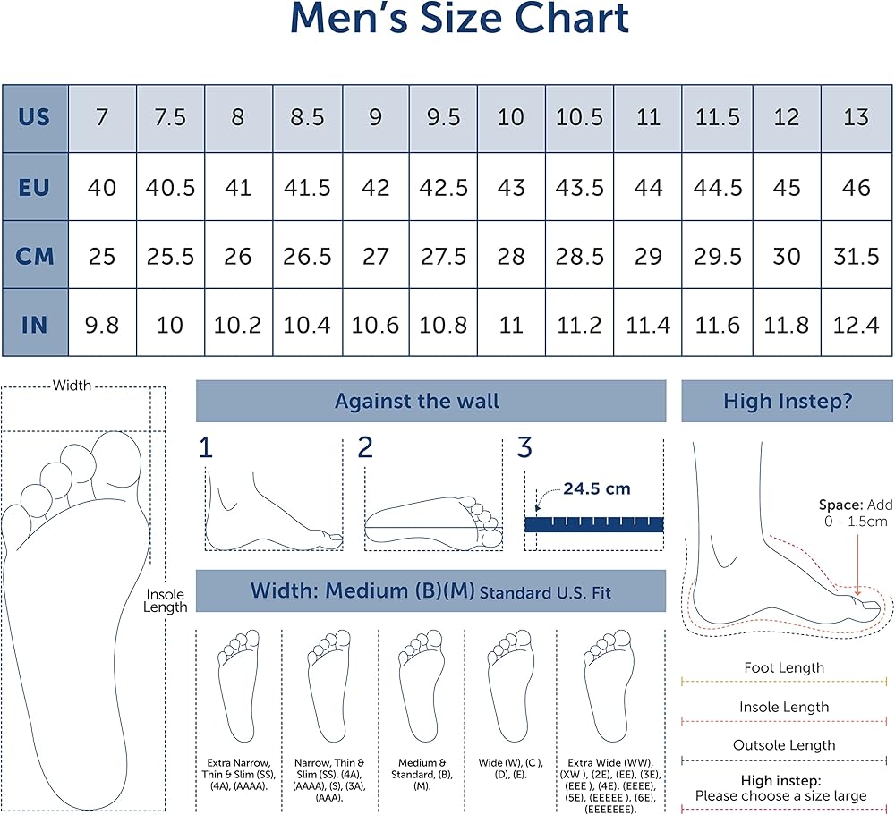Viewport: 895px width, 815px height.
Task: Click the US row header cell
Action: (x=34, y=117)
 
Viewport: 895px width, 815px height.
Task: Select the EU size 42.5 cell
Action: (x=443, y=187)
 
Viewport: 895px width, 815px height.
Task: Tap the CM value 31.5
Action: (x=857, y=256)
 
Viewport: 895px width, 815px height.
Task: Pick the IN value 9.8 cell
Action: (x=102, y=324)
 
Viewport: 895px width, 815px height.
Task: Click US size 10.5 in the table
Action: (x=580, y=117)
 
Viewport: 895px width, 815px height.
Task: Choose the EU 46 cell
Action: (x=857, y=187)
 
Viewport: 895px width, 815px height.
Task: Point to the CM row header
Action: (x=34, y=256)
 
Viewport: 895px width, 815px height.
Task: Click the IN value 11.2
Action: (x=580, y=324)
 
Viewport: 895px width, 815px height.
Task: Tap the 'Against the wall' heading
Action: (x=417, y=401)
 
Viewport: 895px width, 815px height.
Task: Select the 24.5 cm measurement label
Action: (x=596, y=488)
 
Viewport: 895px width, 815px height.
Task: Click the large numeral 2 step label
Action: (x=364, y=448)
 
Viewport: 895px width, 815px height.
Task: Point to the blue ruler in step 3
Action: (x=593, y=524)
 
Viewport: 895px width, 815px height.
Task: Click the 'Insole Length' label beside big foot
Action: (x=166, y=600)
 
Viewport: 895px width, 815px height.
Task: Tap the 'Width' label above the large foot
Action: (x=72, y=386)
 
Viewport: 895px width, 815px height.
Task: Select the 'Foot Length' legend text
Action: (x=784, y=667)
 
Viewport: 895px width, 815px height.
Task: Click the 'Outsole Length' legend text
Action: (x=784, y=745)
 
